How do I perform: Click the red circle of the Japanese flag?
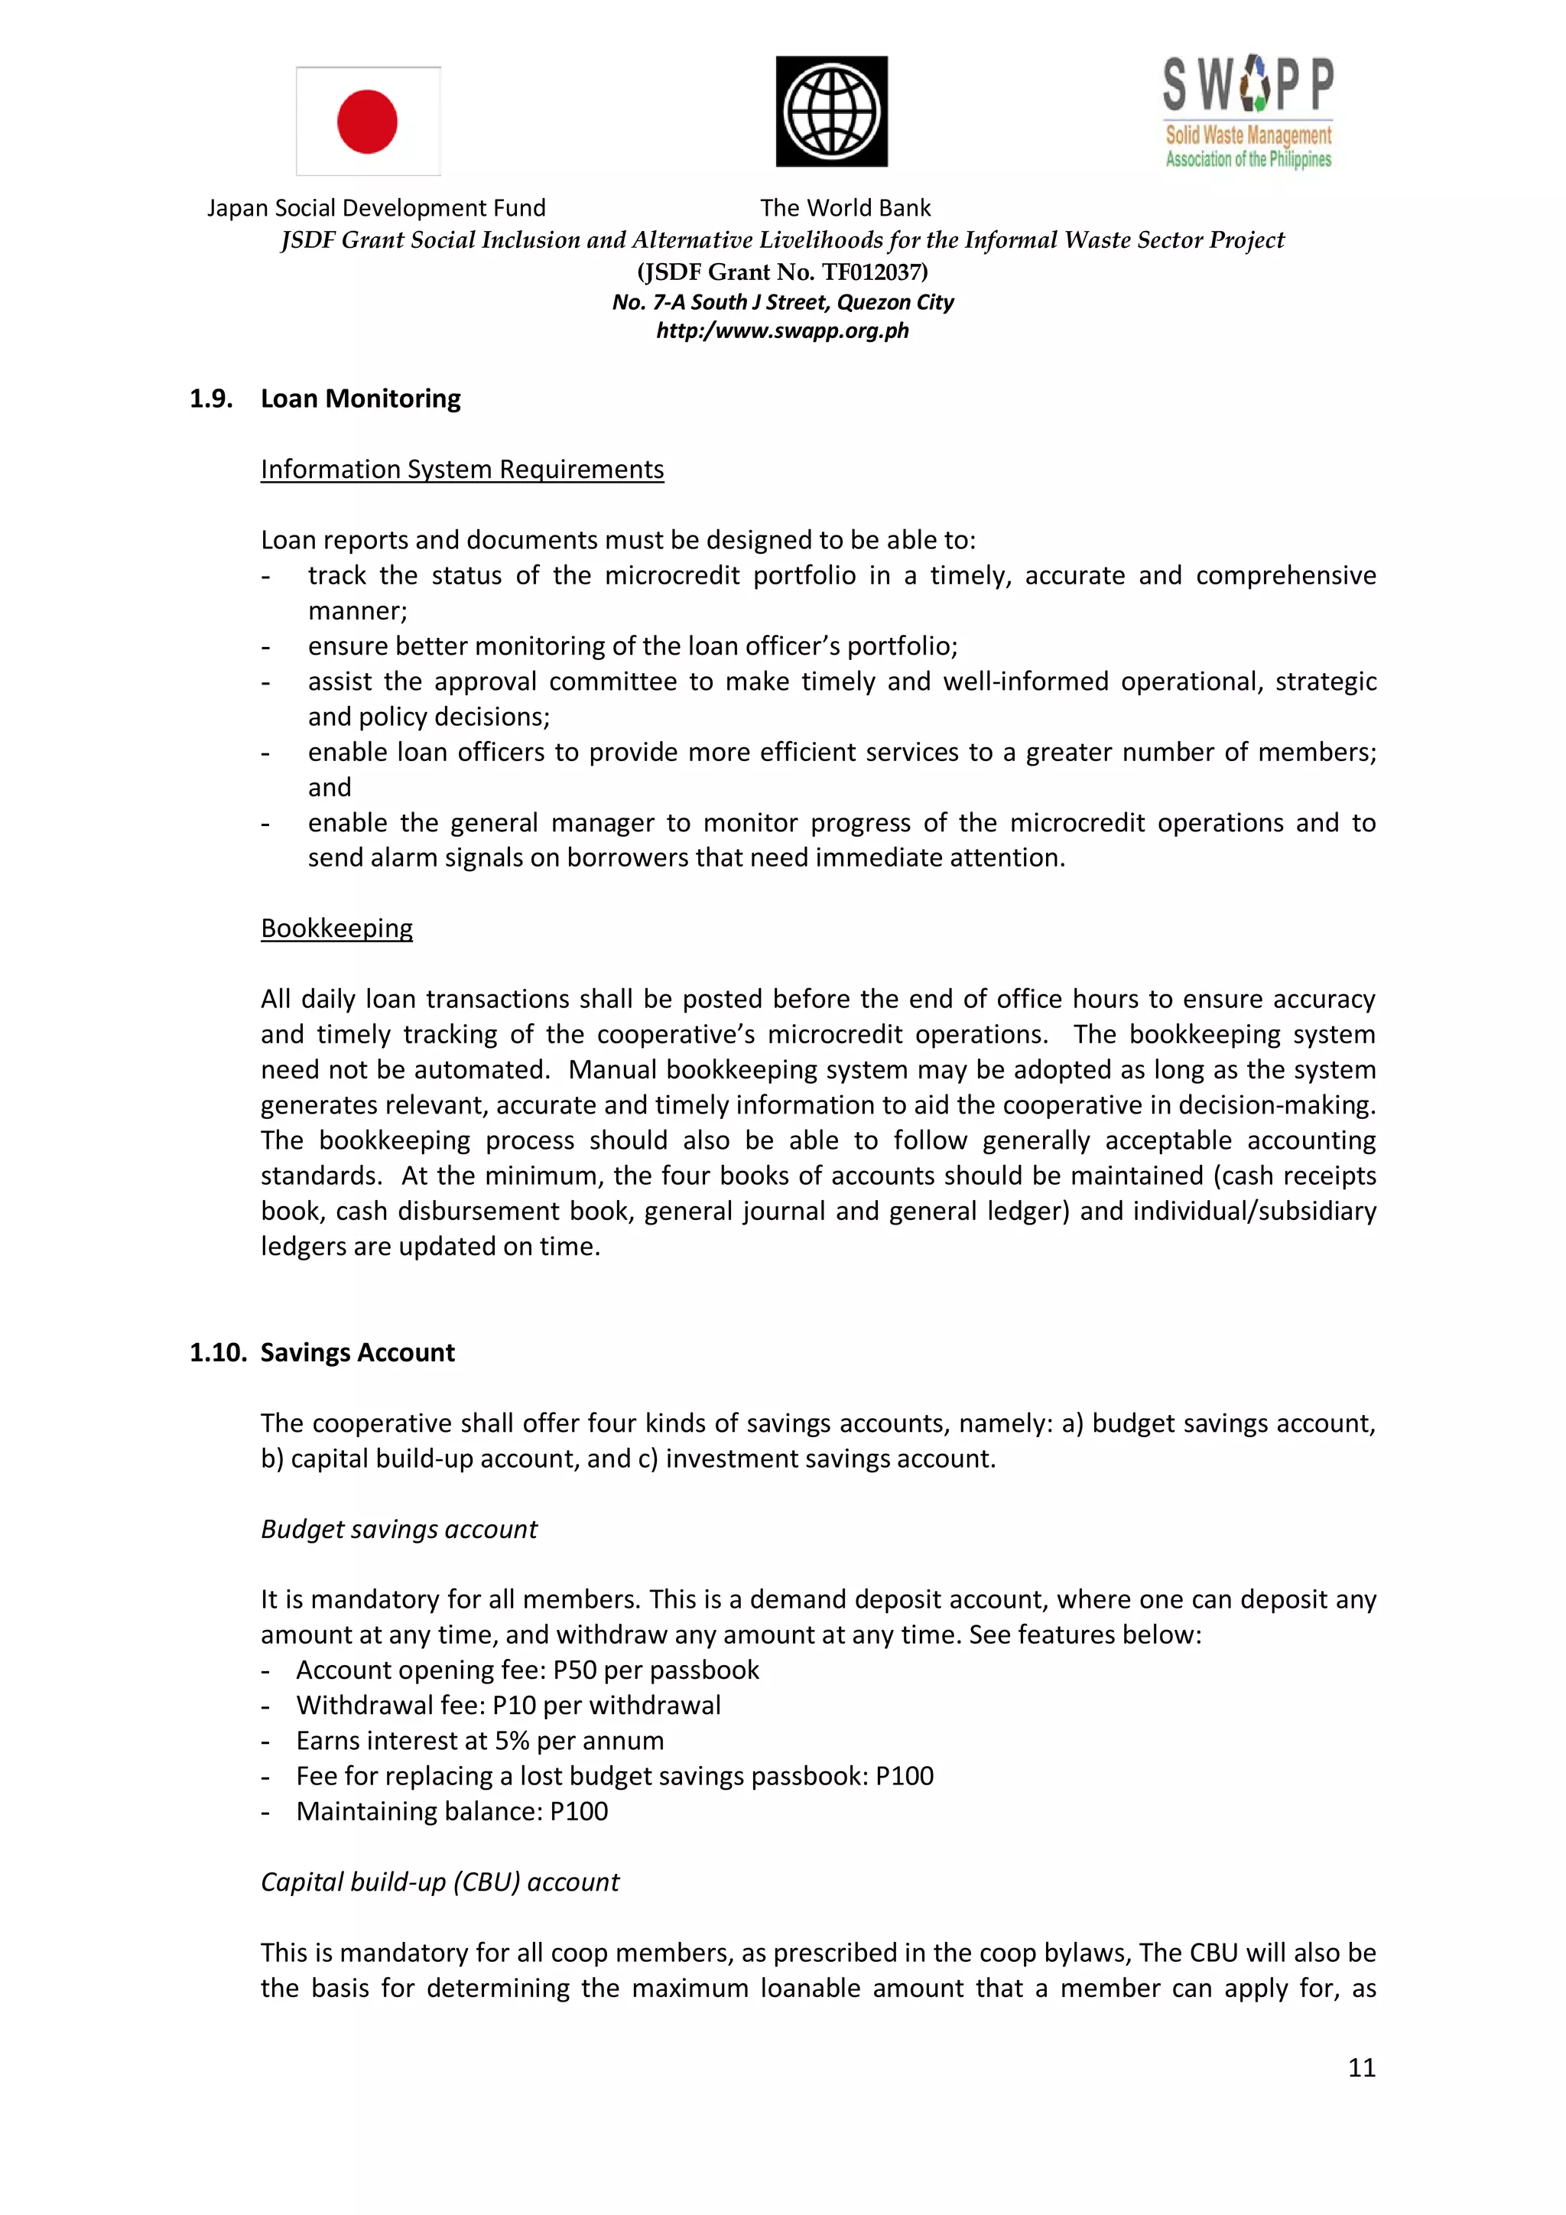click(367, 122)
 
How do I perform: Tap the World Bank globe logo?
click(831, 111)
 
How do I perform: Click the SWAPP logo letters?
click(1248, 85)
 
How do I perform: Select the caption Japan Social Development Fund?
click(376, 208)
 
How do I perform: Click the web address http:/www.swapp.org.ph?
click(782, 331)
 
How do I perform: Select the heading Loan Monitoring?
click(361, 398)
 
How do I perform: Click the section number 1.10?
click(218, 1352)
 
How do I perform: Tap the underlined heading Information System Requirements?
click(462, 470)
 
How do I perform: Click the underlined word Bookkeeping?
click(336, 928)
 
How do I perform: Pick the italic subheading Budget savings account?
click(398, 1529)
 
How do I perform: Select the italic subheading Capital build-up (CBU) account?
click(440, 1882)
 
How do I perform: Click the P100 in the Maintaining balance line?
click(579, 1812)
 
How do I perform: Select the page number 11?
click(1360, 2067)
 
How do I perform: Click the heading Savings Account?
click(357, 1352)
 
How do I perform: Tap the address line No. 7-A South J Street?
click(782, 303)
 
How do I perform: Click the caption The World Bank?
click(845, 208)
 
